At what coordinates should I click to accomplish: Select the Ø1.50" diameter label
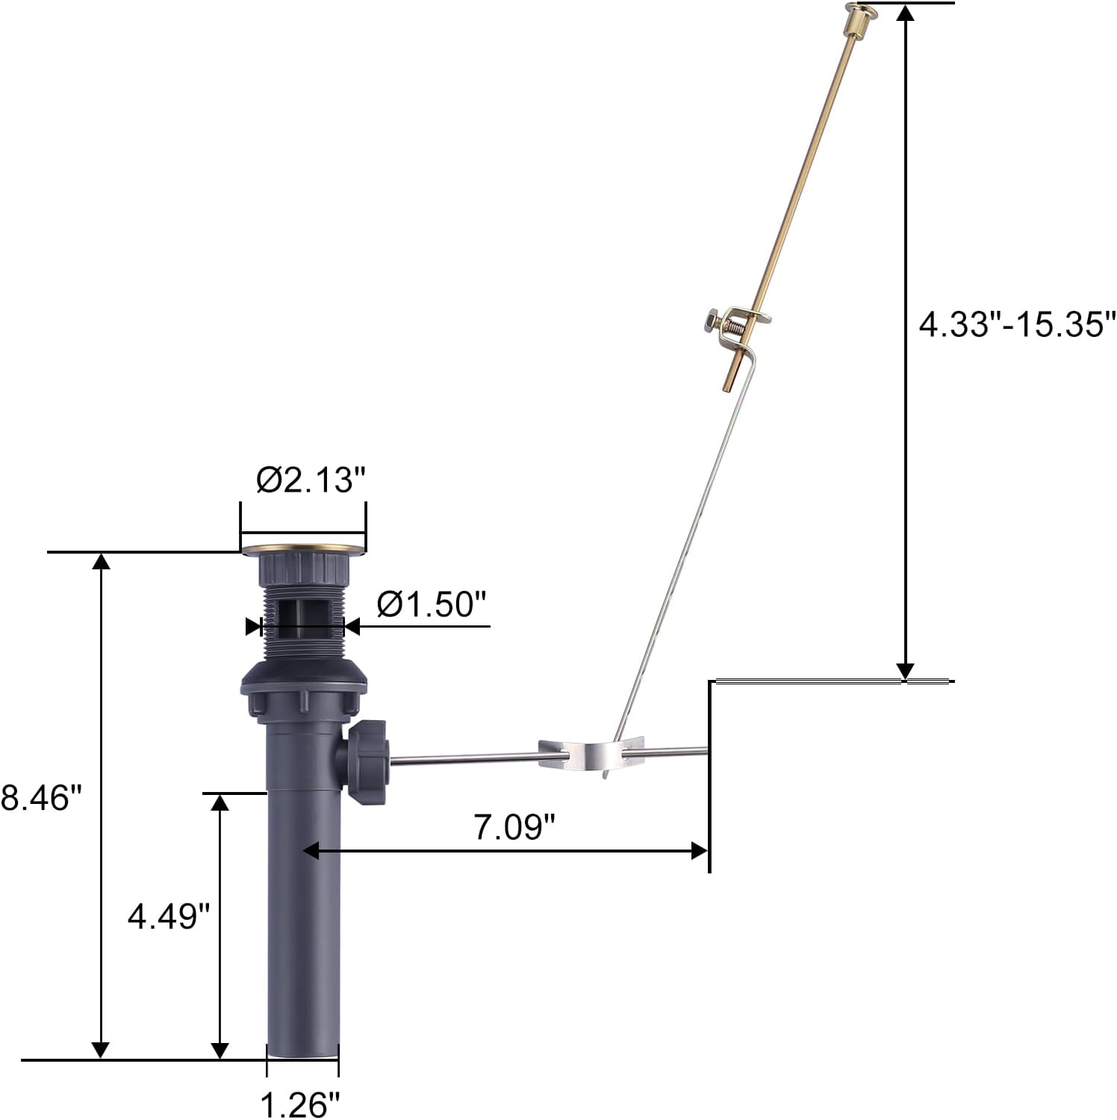click(x=432, y=604)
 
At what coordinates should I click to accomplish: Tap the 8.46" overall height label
click(x=40, y=797)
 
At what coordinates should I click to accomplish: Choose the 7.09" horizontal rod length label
click(x=515, y=827)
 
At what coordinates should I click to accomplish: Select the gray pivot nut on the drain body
click(x=367, y=762)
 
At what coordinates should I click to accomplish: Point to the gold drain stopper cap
click(x=304, y=549)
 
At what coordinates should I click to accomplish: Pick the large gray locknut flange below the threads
click(x=304, y=679)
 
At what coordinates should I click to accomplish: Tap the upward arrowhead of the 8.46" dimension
click(x=100, y=561)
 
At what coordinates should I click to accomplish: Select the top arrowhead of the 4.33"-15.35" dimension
click(x=906, y=13)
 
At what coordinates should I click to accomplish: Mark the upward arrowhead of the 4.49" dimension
click(x=220, y=801)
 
